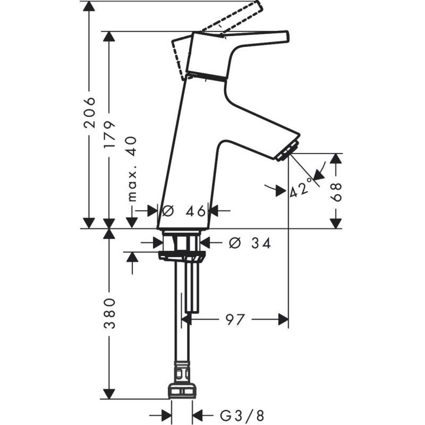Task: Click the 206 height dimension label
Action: tap(90, 113)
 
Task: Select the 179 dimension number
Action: tap(109, 134)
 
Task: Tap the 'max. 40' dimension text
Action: tap(132, 169)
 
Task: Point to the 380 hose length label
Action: tap(109, 313)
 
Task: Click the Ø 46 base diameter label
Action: tap(184, 210)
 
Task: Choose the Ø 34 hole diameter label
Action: tap(250, 243)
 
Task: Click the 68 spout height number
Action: tap(336, 192)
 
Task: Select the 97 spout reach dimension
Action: tap(235, 319)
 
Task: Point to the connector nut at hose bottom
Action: tap(182, 390)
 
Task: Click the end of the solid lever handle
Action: tap(286, 37)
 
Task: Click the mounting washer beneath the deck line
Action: tap(182, 257)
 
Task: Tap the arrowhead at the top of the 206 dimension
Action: tap(89, 6)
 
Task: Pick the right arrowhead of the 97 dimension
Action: tap(283, 319)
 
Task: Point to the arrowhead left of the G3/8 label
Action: tap(166, 415)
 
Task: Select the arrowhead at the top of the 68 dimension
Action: tap(336, 158)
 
